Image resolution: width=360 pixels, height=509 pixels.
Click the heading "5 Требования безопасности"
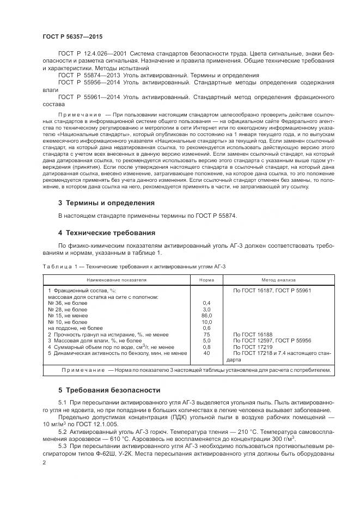(x=109, y=390)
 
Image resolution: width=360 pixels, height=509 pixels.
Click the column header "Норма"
(x=206, y=280)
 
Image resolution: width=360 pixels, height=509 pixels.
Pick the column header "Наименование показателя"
(x=116, y=280)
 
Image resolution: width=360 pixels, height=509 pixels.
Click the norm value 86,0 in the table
(x=206, y=315)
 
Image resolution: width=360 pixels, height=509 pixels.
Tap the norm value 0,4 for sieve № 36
(x=206, y=303)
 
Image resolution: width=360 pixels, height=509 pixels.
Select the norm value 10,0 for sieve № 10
(x=206, y=322)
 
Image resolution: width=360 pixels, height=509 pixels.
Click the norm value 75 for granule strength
(x=206, y=334)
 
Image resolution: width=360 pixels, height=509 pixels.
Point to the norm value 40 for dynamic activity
(x=206, y=353)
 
